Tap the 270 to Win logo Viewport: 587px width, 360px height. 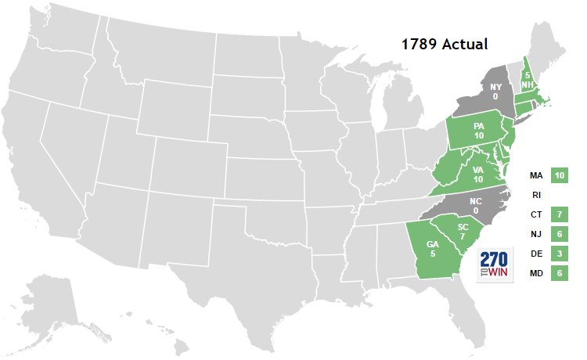tap(495, 265)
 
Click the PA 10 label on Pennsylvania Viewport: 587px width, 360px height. tap(478, 131)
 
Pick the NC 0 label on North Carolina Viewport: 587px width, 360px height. tap(475, 205)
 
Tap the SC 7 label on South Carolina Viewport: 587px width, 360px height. tap(463, 232)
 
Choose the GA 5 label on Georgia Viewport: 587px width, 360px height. tap(431, 248)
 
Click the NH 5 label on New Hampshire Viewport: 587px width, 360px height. tap(529, 79)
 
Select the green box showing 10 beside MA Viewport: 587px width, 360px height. tap(559, 176)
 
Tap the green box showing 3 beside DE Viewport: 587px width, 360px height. tap(559, 254)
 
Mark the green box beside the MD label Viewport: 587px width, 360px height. tap(559, 273)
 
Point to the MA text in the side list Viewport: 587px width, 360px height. tap(536, 176)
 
